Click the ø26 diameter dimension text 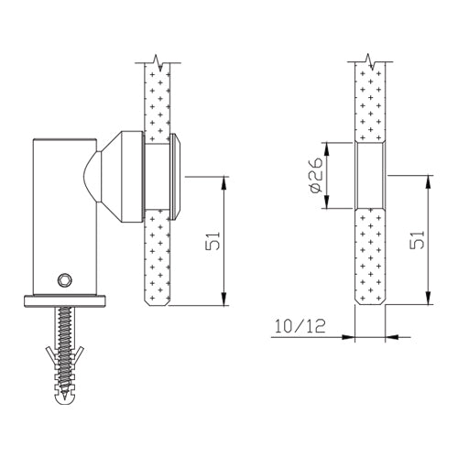313,176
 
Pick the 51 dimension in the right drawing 417,241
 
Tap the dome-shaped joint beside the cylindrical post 93,178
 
